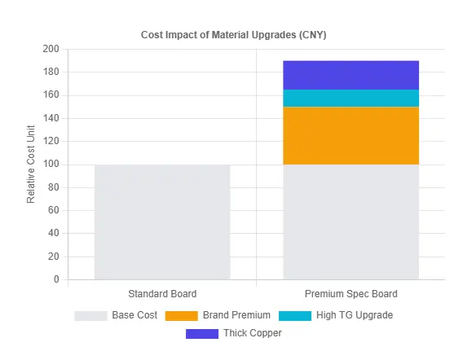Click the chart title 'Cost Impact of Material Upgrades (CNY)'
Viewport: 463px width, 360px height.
click(235, 34)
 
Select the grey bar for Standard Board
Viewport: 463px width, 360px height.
click(162, 222)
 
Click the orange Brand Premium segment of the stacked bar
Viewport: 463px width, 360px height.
click(351, 135)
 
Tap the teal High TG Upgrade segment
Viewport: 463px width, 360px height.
click(351, 98)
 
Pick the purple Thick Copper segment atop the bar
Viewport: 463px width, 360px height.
click(351, 75)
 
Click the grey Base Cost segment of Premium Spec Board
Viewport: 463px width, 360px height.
click(351, 222)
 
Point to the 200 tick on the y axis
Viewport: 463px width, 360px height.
click(51, 50)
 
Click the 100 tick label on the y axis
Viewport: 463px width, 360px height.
click(51, 165)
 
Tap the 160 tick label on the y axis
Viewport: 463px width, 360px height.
click(51, 95)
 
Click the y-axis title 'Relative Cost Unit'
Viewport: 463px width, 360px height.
click(31, 165)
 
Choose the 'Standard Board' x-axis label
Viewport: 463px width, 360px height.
click(162, 293)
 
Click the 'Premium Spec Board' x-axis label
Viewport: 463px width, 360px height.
click(351, 293)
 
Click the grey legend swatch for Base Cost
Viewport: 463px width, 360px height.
click(90, 315)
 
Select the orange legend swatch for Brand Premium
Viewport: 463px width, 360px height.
click(181, 315)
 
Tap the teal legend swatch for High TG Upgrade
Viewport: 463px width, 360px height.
click(294, 315)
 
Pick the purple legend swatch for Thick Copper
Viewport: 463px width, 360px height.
click(202, 333)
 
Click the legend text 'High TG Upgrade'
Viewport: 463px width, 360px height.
click(355, 315)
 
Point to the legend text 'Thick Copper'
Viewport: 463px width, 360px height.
click(252, 333)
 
